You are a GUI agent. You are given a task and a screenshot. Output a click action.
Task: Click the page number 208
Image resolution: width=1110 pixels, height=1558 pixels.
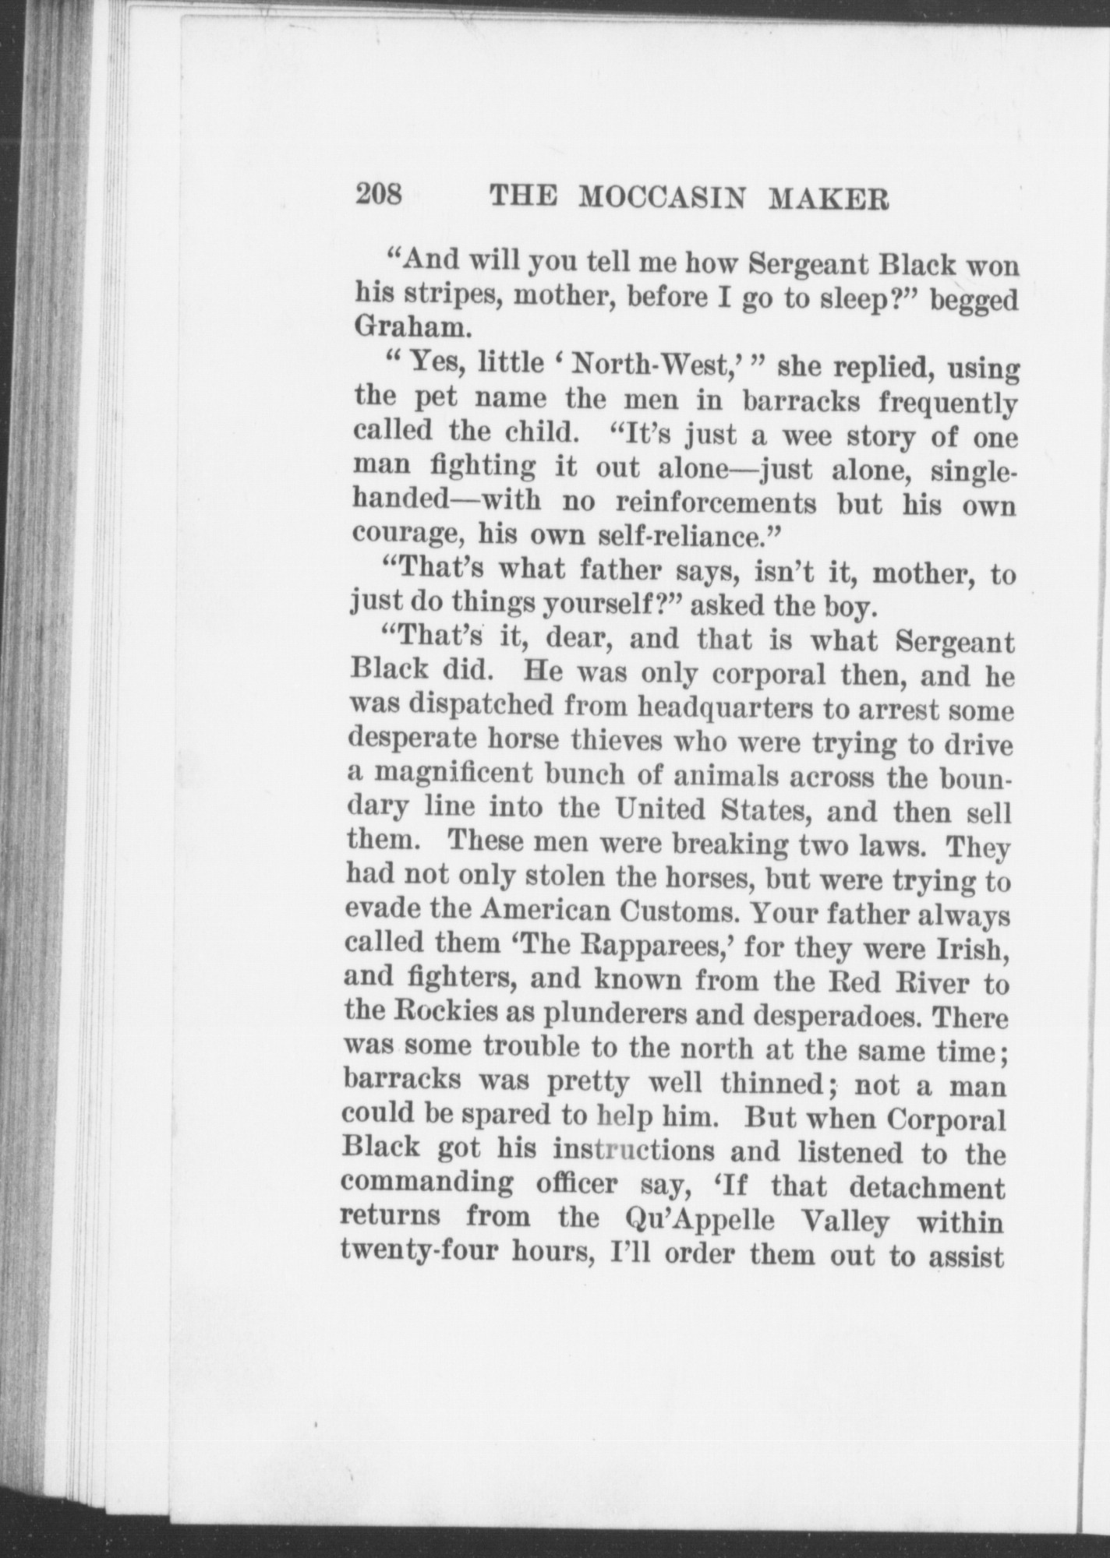(379, 194)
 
